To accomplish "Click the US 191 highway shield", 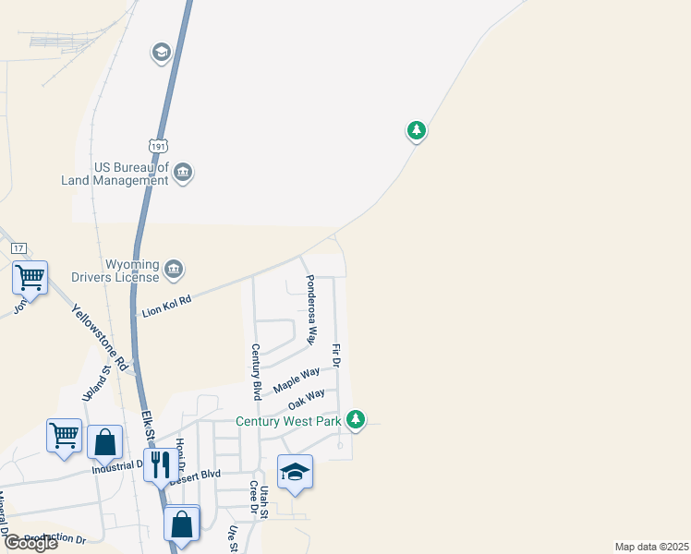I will pyautogui.click(x=158, y=145).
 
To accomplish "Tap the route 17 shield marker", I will pyautogui.click(x=18, y=248).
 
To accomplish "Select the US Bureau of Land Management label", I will pyautogui.click(x=131, y=175).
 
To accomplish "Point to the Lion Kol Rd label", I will pyautogui.click(x=165, y=306).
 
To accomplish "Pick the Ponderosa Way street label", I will pyautogui.click(x=312, y=308).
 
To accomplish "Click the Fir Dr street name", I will pyautogui.click(x=336, y=356).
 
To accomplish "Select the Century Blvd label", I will pyautogui.click(x=257, y=371).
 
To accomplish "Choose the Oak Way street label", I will pyautogui.click(x=306, y=400).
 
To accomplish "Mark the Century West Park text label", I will pyautogui.click(x=289, y=421).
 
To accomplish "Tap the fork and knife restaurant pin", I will pyautogui.click(x=161, y=466).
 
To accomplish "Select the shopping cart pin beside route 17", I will pyautogui.click(x=30, y=277).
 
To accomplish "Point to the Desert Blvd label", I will pyautogui.click(x=195, y=476).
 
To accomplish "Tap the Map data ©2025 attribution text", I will pyautogui.click(x=651, y=547).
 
